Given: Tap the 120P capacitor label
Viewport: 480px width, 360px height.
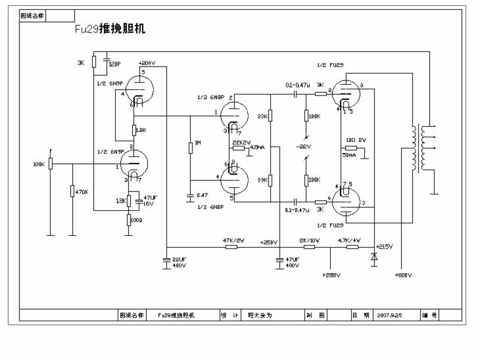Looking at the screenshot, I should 114,64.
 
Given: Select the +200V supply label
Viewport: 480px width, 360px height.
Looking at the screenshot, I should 147,64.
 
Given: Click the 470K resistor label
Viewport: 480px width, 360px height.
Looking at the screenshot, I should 82,191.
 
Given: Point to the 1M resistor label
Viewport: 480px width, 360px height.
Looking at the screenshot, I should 196,143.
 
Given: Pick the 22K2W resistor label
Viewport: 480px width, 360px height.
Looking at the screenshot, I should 241,142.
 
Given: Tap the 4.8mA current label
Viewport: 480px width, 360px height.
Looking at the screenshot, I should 257,147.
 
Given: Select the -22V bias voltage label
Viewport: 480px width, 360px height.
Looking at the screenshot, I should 304,146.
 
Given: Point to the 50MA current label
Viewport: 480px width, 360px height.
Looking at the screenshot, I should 349,156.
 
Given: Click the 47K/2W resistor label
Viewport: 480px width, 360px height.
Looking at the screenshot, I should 233,240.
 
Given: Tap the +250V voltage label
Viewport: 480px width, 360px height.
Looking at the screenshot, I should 268,243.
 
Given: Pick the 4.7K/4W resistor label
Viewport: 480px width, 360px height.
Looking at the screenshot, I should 348,240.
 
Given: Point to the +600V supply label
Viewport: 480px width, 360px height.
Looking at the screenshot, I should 403,275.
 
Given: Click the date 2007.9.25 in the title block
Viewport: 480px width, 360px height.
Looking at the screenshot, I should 389,315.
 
